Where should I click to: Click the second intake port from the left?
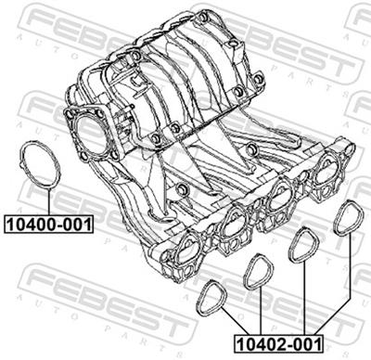point(234,223)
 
